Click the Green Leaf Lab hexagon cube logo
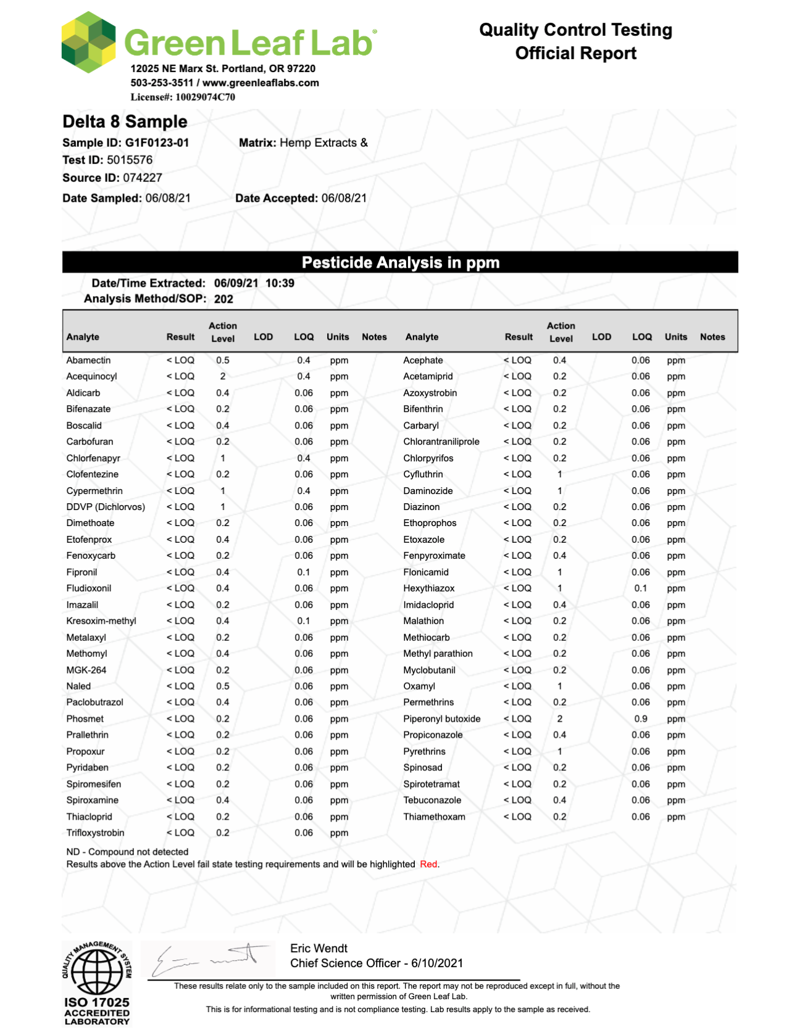pos(89,42)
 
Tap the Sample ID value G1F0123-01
pos(157,143)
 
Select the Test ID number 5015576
pos(130,160)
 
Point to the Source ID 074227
pos(143,178)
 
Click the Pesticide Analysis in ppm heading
pos(400,263)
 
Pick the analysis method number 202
pos(223,299)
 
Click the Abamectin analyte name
pos(89,360)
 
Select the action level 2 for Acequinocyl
pos(223,376)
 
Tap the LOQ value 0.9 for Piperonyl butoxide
pos(641,719)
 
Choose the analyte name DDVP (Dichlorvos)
pos(106,507)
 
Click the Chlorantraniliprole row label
pos(441,442)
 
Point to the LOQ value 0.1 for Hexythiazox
pos(641,588)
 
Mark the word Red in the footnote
pos(428,864)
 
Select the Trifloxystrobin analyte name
pos(96,833)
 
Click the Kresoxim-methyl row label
pos(101,621)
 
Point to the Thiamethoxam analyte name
pos(435,817)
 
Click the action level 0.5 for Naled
pos(223,686)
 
